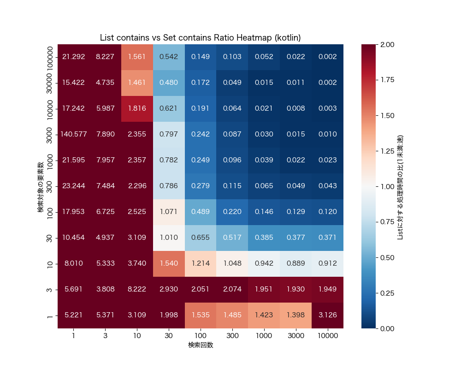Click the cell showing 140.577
(73, 134)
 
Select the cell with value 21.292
(73, 57)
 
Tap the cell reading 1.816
(137, 108)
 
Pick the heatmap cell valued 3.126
(328, 315)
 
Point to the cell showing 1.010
(169, 238)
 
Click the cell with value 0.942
(264, 264)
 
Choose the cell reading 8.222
(137, 290)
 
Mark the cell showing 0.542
(169, 57)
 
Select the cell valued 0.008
(296, 108)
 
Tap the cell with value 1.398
(296, 315)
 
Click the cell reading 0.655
(201, 238)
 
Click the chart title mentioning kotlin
(201, 37)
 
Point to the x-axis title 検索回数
(201, 345)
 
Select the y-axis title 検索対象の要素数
(41, 186)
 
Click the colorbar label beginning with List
(400, 186)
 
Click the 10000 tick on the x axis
(328, 336)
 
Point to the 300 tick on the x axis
(232, 336)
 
